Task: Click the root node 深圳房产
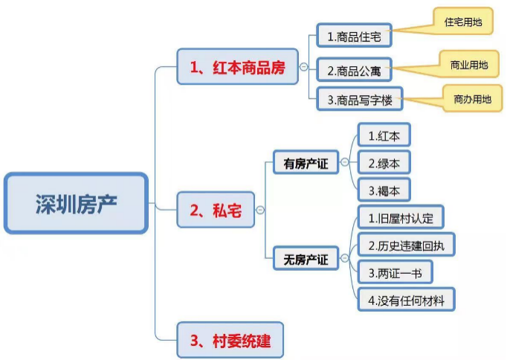[77, 203]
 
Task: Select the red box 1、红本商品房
[237, 67]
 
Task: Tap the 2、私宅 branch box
[216, 210]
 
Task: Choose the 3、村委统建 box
[230, 340]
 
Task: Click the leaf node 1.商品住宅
[354, 35]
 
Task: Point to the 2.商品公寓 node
[354, 69]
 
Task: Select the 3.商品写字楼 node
[360, 99]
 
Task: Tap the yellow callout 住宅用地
[463, 22]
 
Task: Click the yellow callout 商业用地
[469, 64]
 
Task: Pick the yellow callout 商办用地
[472, 98]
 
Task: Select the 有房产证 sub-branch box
[306, 162]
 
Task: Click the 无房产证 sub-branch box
[306, 258]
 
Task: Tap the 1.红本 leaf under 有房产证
[384, 135]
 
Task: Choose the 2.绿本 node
[384, 162]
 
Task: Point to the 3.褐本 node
[384, 190]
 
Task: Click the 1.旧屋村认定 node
[401, 217]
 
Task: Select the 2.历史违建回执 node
[407, 245]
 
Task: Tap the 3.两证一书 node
[395, 272]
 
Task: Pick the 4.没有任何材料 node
[407, 300]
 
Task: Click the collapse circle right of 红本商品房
[303, 67]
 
